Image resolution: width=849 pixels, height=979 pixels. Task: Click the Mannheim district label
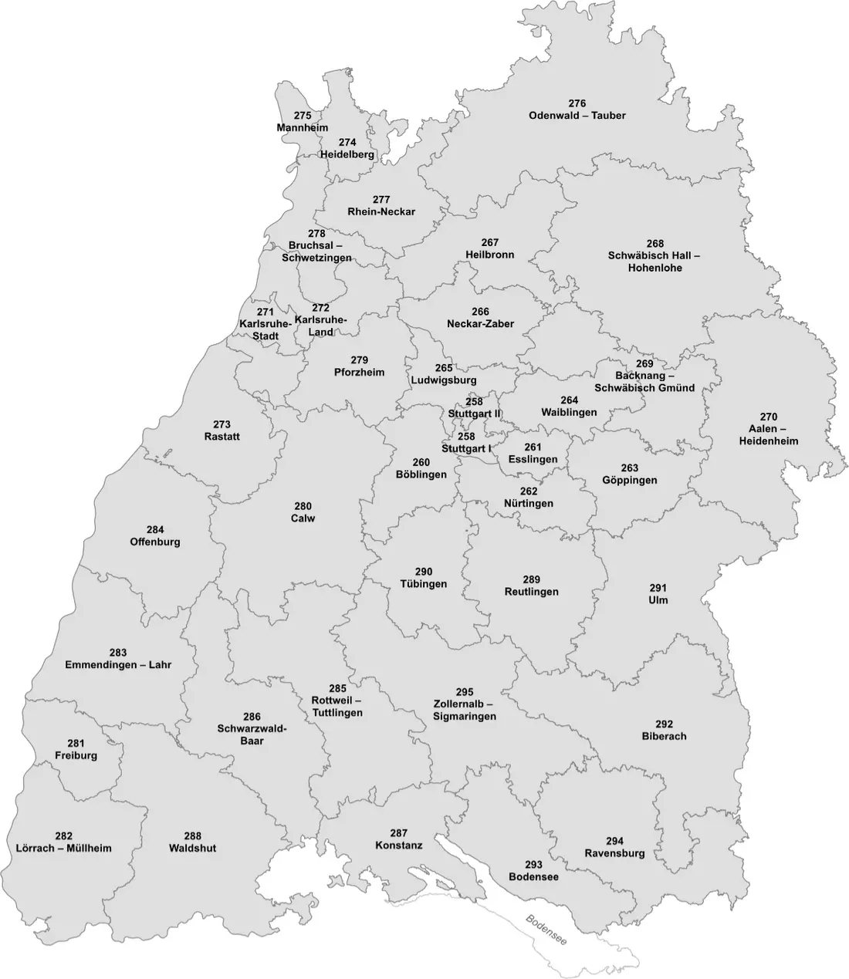pos(303,128)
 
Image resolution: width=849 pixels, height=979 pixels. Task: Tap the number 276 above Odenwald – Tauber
pos(577,103)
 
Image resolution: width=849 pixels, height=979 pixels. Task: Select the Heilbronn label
pos(489,255)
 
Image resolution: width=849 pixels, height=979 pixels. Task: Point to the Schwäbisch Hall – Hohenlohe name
pos(655,262)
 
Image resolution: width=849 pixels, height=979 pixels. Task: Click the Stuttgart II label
pos(474,414)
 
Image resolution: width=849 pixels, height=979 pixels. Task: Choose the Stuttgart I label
pos(466,448)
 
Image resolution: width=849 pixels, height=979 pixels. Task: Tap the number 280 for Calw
pos(303,506)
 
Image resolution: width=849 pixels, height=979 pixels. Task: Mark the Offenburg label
pos(155,542)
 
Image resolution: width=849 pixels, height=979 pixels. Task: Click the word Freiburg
pos(76,755)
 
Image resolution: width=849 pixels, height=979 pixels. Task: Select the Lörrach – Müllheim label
pos(63,848)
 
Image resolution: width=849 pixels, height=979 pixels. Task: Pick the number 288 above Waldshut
pos(192,836)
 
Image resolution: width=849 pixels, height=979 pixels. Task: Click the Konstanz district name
pos(398,845)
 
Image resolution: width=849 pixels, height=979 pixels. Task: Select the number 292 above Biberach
pos(664,724)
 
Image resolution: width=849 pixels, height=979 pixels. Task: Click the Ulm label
pos(658,599)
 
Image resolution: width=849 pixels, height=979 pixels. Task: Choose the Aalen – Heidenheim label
pos(768,435)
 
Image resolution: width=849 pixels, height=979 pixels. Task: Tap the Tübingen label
pos(423,584)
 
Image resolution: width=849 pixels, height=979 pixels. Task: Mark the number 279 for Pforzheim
pos(359,360)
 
